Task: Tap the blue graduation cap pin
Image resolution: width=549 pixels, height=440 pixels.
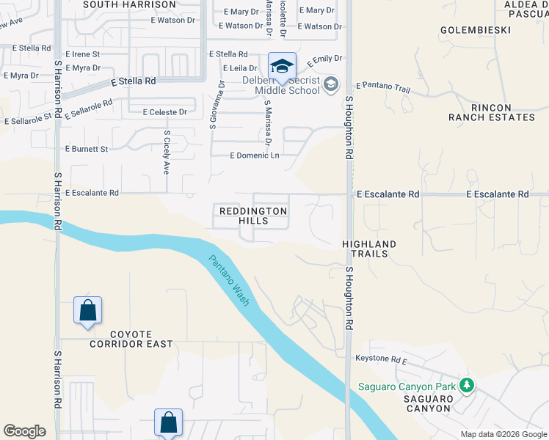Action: (x=282, y=67)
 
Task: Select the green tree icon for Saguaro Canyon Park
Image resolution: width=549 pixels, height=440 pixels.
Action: (x=466, y=385)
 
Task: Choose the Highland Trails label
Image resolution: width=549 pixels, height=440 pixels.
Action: (x=369, y=249)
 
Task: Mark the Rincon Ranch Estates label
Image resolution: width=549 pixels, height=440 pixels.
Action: (x=492, y=112)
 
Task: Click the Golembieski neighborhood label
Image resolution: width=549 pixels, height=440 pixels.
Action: (x=469, y=30)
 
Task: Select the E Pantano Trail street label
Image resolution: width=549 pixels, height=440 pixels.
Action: (x=383, y=88)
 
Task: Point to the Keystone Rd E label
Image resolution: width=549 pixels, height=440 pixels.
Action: (x=381, y=360)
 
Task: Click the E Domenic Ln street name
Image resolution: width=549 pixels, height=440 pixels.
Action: (x=255, y=155)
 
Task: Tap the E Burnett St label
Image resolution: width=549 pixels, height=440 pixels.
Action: (x=87, y=149)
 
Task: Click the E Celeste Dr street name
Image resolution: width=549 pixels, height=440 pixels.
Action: (x=164, y=112)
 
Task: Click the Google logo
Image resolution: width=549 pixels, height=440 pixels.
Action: (x=24, y=431)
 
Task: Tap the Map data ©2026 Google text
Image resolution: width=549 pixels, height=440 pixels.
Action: (x=503, y=434)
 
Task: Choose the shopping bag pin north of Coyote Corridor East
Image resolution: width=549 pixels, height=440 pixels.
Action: (x=87, y=309)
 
